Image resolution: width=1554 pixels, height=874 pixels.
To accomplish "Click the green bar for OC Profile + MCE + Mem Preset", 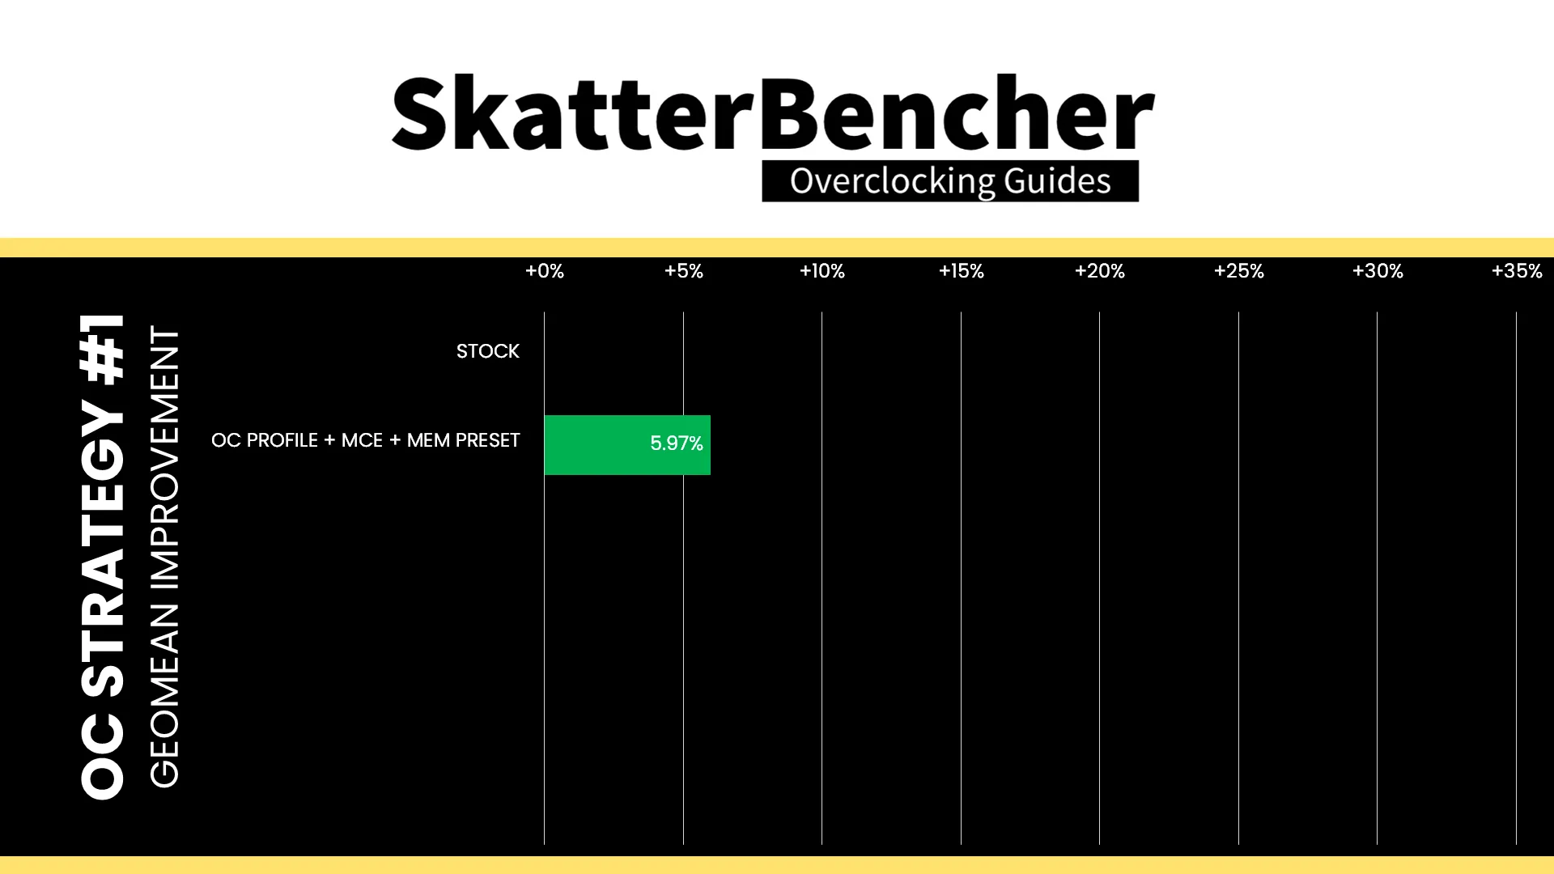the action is coord(627,445).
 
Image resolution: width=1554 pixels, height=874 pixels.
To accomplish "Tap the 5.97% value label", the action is coord(677,443).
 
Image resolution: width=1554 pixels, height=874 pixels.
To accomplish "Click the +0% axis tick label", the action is coord(545,271).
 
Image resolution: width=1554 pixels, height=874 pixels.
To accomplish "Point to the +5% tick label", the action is coord(684,271).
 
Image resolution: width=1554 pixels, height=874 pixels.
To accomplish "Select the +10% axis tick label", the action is coord(822,271).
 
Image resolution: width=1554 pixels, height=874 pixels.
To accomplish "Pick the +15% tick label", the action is coord(962,271).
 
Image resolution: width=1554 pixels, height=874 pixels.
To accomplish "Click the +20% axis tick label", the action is coord(1100,271).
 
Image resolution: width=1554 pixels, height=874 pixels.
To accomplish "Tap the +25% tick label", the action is coord(1239,271).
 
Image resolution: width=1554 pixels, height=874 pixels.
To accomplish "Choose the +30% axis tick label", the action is coord(1378,271).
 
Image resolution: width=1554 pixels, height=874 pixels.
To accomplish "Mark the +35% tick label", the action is coord(1517,271).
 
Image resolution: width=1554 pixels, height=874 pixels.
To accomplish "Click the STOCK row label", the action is coord(488,351).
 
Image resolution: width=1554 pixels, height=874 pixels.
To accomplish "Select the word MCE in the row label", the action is coord(362,440).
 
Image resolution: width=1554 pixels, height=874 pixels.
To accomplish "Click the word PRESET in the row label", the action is coord(488,440).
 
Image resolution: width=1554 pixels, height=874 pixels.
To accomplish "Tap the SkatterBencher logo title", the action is coord(773,113).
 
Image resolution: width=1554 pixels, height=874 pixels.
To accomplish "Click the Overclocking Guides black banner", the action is coord(950,181).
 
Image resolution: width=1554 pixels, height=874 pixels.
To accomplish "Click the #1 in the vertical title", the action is coord(103,348).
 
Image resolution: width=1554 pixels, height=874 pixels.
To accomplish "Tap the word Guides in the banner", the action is coord(1058,181).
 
